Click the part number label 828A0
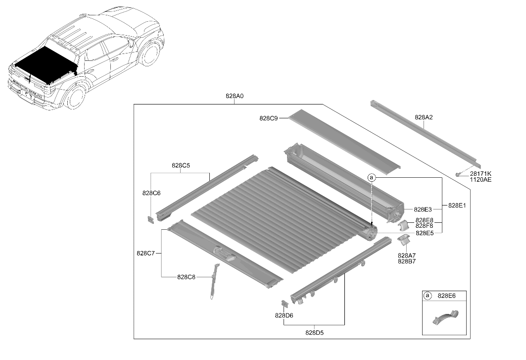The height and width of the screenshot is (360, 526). [x=235, y=96]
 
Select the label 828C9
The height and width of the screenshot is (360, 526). [x=268, y=118]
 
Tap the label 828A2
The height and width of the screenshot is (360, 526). [x=424, y=117]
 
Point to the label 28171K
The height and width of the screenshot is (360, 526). [x=480, y=174]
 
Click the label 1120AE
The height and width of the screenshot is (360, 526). [x=480, y=180]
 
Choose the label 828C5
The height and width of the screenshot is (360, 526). [x=181, y=165]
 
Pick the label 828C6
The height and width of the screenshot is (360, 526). [x=151, y=193]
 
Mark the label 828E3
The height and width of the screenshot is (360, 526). [x=423, y=209]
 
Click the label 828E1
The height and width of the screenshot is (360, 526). [x=457, y=206]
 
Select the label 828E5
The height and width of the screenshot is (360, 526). [x=425, y=233]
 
